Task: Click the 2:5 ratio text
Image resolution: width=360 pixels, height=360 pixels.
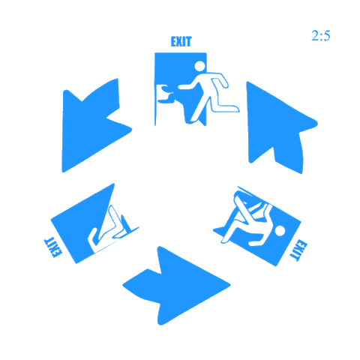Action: [321, 36]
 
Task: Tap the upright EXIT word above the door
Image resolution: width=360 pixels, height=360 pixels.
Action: [181, 41]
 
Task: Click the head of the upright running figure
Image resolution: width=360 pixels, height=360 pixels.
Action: [199, 66]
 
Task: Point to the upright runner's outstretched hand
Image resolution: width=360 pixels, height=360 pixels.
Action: [182, 87]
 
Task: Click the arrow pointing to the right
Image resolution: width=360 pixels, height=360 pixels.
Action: [176, 286]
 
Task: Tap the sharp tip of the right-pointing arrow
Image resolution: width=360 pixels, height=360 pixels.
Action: [230, 285]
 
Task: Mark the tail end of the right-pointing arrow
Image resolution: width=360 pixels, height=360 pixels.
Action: [123, 285]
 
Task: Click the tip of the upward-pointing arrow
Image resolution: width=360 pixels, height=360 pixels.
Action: [247, 82]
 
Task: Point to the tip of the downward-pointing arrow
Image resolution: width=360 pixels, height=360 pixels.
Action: [63, 172]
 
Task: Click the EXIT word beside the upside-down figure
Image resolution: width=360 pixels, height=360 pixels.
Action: [298, 250]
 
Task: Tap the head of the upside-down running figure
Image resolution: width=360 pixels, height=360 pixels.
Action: [280, 231]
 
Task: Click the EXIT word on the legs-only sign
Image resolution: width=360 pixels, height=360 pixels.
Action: [52, 247]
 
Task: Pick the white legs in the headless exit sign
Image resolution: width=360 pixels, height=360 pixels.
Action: [111, 229]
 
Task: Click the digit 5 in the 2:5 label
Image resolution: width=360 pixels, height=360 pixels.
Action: [327, 36]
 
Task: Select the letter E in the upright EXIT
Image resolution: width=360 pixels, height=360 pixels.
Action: [174, 41]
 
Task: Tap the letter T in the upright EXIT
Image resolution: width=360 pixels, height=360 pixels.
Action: [189, 41]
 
